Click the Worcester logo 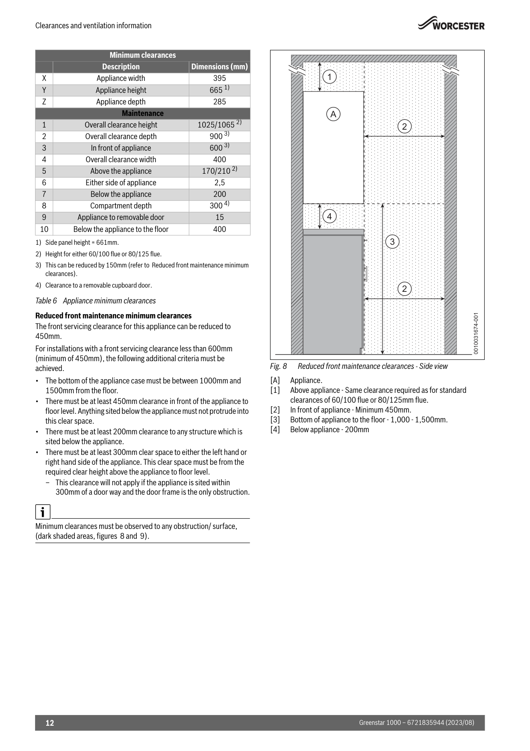coord(451,24)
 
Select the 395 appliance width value coord(219,78)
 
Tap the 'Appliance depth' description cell coord(121,102)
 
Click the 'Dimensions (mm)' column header coord(219,67)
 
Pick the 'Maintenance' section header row coord(142,113)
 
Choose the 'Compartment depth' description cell coord(121,206)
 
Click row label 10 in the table coord(44,229)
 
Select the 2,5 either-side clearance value coord(219,183)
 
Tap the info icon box coord(43,512)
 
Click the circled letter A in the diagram coord(333,114)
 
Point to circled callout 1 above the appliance coord(330,77)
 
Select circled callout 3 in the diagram coord(392,242)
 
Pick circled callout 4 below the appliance coord(329,217)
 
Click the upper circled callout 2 coord(404,127)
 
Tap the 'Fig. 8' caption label coord(278,366)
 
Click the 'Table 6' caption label coord(46,301)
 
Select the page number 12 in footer coord(50,723)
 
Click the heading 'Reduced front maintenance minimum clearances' coord(113,316)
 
